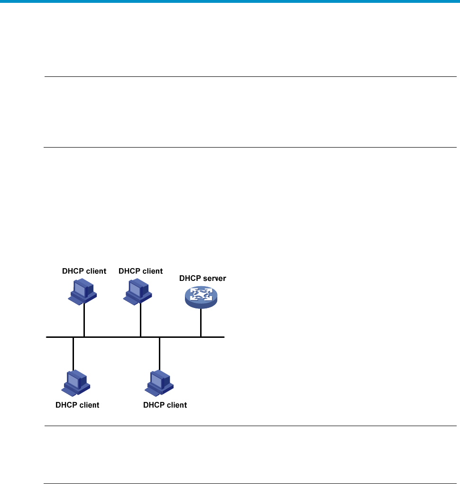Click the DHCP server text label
point(202,278)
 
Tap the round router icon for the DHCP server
point(201,297)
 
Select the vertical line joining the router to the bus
point(201,323)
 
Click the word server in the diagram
point(213,278)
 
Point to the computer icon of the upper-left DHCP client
point(83,292)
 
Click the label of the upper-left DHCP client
point(84,271)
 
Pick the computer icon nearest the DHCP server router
point(138,292)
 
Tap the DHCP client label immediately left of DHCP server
point(141,271)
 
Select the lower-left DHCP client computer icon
point(75,383)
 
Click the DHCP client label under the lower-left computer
point(77,405)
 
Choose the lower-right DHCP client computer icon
point(159,383)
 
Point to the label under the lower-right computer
point(165,405)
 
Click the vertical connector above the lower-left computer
point(73,354)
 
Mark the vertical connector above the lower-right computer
point(159,354)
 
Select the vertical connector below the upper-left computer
point(84,320)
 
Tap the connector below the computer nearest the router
point(141,320)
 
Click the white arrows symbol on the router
point(201,294)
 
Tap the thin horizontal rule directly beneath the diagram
point(250,426)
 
